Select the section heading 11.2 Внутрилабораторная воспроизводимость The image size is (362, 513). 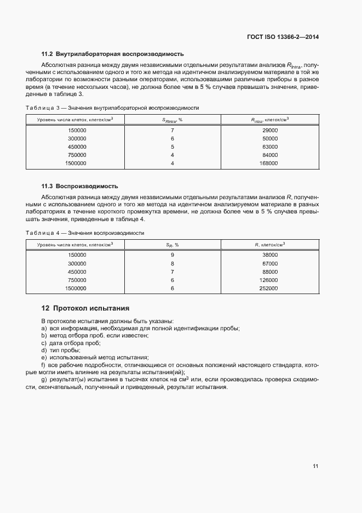113,54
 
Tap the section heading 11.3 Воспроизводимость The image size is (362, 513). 80,186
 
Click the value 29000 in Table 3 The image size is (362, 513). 270,131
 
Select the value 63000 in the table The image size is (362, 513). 270,146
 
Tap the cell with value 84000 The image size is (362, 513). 270,155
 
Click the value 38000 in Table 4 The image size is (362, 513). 270,255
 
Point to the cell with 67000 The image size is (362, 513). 270,263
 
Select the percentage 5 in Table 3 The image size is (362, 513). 172,146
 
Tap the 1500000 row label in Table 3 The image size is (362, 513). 76,163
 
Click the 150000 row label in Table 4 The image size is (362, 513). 77,255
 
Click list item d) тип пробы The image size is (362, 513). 61,349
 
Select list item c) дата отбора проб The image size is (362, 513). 70,342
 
